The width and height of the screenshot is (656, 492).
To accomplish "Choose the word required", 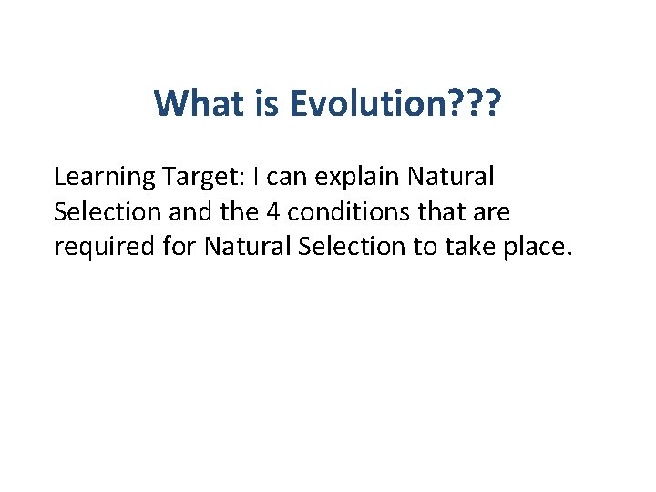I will (x=98, y=248).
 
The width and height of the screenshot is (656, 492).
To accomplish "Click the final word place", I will (x=543, y=248).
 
